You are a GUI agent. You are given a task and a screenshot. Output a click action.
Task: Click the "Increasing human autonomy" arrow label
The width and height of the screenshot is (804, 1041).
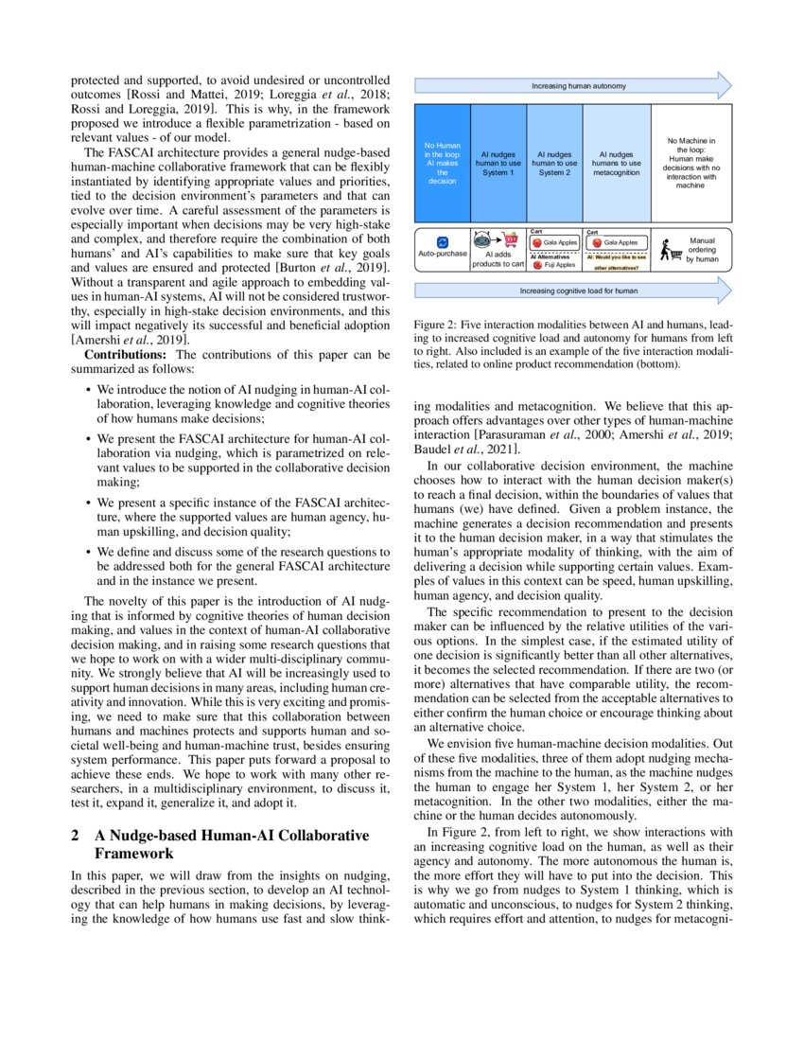pyautogui.click(x=565, y=85)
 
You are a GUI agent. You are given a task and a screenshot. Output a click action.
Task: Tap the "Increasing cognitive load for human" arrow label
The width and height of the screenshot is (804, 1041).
pyautogui.click(x=565, y=291)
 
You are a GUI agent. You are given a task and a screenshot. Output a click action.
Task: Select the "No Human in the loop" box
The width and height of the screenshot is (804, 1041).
pyautogui.click(x=442, y=163)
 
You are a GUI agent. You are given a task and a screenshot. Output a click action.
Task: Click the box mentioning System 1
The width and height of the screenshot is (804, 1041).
pyautogui.click(x=498, y=163)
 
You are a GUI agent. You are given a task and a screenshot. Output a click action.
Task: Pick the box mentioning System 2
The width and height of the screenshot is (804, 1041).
pyautogui.click(x=554, y=163)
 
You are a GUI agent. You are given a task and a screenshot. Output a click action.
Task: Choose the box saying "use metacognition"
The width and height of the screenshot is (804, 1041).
pyautogui.click(x=617, y=163)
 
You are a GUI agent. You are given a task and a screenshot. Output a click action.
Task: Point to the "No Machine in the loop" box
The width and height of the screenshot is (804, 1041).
pyautogui.click(x=690, y=163)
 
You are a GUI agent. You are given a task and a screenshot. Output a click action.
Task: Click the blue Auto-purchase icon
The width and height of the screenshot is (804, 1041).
pyautogui.click(x=442, y=242)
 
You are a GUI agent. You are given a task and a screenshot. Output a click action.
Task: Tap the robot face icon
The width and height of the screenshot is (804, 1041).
pyautogui.click(x=481, y=239)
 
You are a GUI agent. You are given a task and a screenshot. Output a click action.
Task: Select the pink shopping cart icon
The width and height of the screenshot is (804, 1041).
pyautogui.click(x=511, y=240)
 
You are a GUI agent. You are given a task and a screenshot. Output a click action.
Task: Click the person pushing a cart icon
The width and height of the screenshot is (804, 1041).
pyautogui.click(x=669, y=251)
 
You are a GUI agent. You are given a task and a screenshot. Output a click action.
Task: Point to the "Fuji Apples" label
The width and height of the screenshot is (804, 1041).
pyautogui.click(x=560, y=265)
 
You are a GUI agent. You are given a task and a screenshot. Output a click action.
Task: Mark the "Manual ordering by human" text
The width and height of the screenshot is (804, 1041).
pyautogui.click(x=703, y=250)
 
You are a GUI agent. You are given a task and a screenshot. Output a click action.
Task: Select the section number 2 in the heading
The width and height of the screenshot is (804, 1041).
pyautogui.click(x=76, y=836)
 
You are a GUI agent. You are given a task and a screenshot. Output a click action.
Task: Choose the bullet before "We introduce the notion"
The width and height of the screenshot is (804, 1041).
pyautogui.click(x=88, y=390)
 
